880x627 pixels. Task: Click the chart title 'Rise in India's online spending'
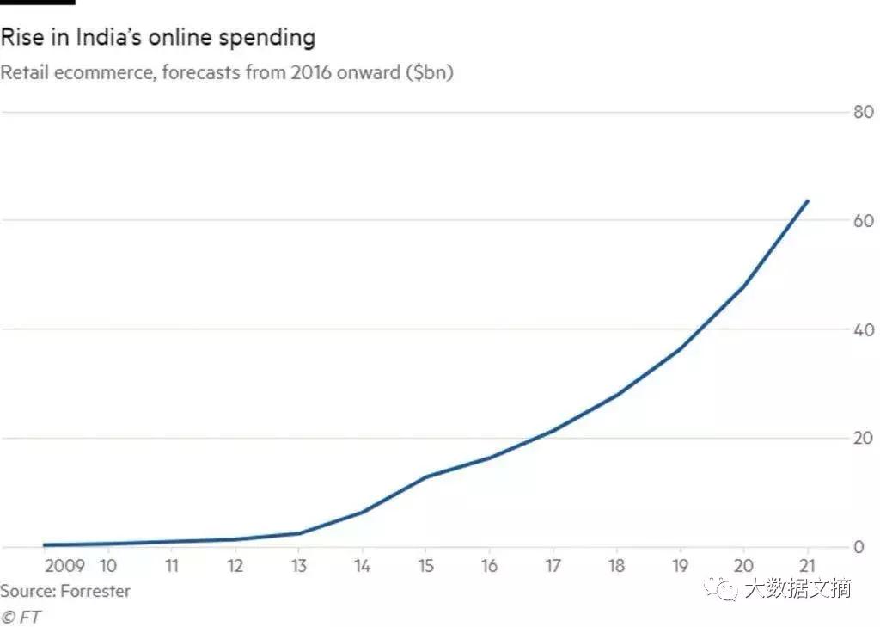point(157,38)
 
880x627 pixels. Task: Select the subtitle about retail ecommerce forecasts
point(226,72)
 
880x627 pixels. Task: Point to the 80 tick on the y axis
point(861,112)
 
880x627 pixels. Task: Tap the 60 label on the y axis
point(861,221)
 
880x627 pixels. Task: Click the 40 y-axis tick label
point(861,330)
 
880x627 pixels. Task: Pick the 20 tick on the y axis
point(861,439)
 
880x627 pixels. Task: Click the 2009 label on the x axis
point(64,566)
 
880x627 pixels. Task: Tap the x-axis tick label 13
point(299,566)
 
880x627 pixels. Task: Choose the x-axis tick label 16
point(489,566)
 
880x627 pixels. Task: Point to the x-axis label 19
point(681,566)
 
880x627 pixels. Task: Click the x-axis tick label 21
point(807,566)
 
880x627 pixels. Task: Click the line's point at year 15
point(426,476)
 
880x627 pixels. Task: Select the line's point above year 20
point(743,286)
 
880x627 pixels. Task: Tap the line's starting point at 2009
point(45,544)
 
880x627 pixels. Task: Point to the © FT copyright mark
point(21,617)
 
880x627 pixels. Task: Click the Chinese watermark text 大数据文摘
point(797,588)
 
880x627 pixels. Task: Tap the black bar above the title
point(37,3)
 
